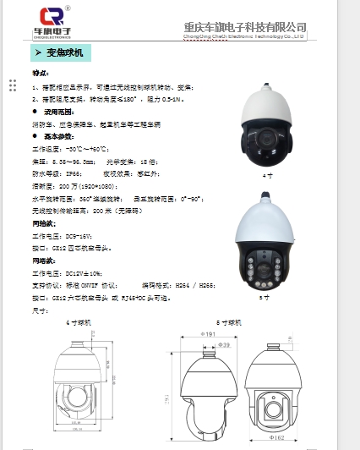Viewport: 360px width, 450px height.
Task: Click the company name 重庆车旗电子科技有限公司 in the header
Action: [244, 27]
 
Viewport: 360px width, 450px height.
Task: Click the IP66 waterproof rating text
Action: [79, 171]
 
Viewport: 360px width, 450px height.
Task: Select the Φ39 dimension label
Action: [225, 346]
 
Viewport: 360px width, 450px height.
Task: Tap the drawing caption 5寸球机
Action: [229, 322]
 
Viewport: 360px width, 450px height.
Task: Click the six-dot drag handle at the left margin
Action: [13, 85]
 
